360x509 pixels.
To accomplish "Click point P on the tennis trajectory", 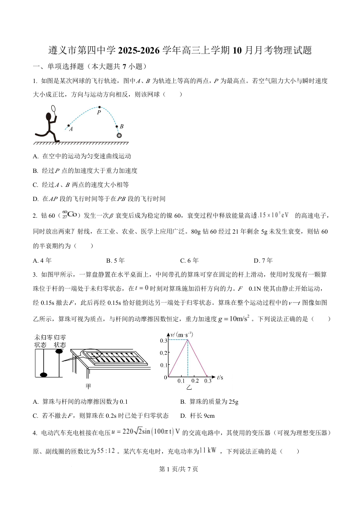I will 99,108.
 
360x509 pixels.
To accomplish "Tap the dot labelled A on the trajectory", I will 69,125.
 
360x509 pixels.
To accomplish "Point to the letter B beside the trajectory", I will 122,127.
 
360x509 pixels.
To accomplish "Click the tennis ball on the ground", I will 119,135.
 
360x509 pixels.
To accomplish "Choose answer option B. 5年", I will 115,260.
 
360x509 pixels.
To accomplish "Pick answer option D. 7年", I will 263,260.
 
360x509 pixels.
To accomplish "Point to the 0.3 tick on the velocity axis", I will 164,340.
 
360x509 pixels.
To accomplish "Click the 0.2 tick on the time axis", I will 195,381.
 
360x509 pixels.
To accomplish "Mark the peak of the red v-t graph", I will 187,340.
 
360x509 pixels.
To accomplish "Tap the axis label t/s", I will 220,377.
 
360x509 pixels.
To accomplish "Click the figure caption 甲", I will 89,386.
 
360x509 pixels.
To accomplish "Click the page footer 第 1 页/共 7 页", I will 180,469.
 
